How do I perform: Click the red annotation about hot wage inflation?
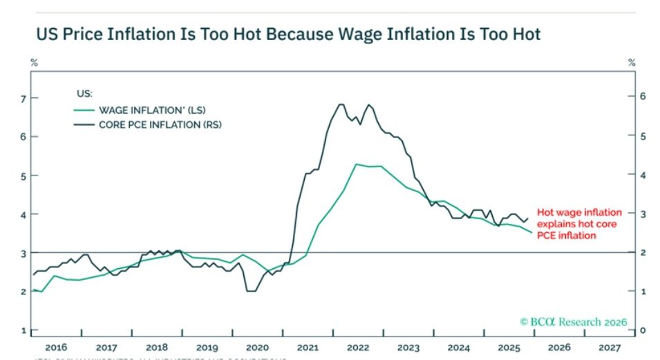point(579,224)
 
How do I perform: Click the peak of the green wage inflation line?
point(356,164)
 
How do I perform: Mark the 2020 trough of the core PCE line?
point(250,291)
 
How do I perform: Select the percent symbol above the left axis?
point(32,63)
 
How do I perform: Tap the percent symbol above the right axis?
point(630,63)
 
